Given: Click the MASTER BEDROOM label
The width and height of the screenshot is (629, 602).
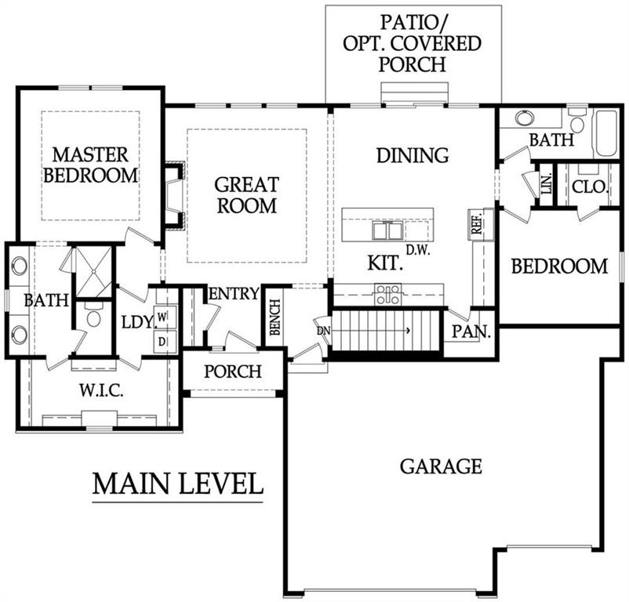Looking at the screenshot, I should pos(90,163).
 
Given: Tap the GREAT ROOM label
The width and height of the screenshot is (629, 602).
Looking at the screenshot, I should pos(246,195).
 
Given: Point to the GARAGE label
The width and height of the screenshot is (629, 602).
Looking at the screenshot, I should pos(441,466).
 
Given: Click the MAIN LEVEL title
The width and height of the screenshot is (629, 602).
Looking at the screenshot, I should pos(178,484).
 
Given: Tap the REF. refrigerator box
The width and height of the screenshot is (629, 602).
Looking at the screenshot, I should pos(475,223).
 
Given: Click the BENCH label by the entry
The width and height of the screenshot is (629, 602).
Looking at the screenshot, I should pos(275,318).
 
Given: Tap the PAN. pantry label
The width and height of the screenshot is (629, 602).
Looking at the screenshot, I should pos(471,332).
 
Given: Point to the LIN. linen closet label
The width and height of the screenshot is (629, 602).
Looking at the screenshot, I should pos(546,185).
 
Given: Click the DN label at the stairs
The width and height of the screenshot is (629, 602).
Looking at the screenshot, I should pos(322,331).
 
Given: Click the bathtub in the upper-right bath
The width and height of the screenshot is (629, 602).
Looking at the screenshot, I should pos(606,133).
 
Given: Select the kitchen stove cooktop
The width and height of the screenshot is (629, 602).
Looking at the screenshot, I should pos(387,295).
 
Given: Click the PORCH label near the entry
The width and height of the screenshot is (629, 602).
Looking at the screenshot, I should pos(233,371).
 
